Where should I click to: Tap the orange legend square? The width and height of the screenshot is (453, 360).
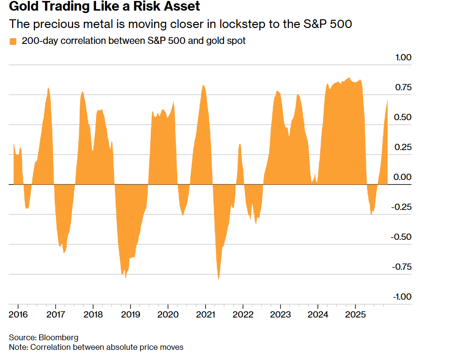tap(13, 42)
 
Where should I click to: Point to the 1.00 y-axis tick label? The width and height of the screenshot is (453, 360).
tap(403, 57)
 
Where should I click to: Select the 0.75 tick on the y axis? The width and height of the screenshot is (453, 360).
tap(403, 87)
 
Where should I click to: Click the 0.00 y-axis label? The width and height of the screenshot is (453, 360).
tap(403, 177)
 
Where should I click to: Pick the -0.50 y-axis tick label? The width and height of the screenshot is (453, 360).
tap(402, 236)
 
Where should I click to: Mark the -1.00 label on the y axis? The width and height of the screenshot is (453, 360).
tap(402, 296)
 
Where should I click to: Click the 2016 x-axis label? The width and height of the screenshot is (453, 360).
tap(18, 314)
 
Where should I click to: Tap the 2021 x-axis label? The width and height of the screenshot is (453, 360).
tap(205, 314)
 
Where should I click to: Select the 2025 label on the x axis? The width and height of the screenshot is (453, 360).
tap(355, 314)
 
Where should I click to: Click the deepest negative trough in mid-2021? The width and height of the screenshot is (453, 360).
tap(219, 278)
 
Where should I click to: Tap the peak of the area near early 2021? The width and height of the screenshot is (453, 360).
tap(203, 86)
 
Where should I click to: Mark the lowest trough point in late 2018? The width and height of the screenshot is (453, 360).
tap(126, 278)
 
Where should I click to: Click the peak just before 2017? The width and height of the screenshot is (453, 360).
tap(48, 88)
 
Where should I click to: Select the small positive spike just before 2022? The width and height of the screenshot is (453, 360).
tap(240, 144)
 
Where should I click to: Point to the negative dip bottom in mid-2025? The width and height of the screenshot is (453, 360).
tap(371, 214)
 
